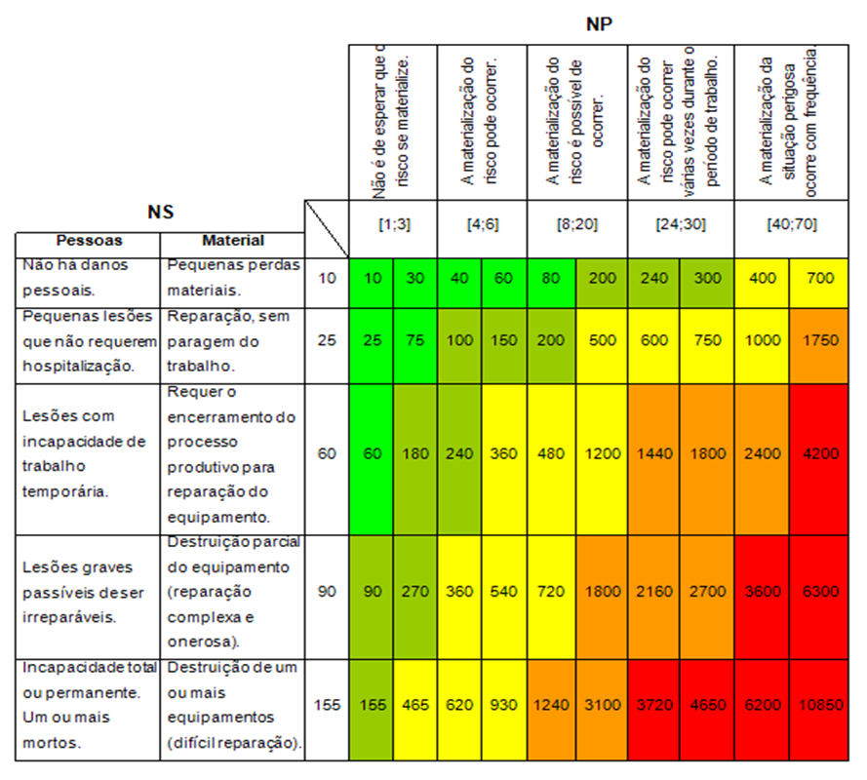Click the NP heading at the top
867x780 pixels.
pos(599,23)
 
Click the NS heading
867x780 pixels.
pos(160,211)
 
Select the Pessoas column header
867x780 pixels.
pos(88,240)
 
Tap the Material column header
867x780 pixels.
pos(232,240)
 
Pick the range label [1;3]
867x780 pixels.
pos(394,223)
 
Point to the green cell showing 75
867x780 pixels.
pos(415,340)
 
